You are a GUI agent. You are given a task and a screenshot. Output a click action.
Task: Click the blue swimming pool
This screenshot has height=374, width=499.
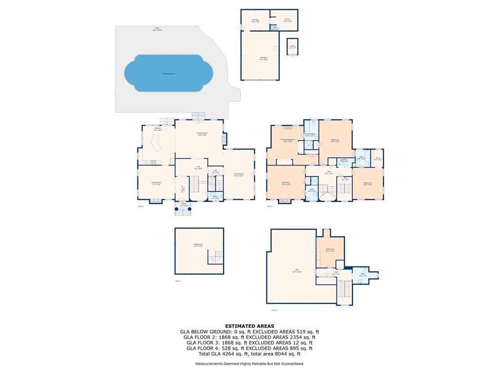tap(169, 73)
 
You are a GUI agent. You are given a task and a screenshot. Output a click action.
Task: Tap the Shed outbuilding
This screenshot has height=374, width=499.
tap(292, 47)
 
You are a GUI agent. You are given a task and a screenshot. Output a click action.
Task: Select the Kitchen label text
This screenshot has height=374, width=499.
tap(157, 129)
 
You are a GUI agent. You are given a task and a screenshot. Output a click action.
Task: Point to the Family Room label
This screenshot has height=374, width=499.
tap(202, 134)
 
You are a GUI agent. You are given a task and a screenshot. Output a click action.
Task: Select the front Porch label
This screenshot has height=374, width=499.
tap(184, 205)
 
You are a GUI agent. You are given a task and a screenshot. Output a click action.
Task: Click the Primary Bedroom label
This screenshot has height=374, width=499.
tap(288, 140)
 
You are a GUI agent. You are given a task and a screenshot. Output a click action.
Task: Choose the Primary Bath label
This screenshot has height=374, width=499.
tap(309, 134)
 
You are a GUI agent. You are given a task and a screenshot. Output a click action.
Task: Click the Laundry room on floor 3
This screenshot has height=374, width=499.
tap(344, 160)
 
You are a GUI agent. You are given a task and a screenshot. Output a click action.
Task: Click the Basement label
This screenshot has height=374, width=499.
tap(198, 244)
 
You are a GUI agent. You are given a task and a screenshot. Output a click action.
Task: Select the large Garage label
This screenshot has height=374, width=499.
tap(263, 58)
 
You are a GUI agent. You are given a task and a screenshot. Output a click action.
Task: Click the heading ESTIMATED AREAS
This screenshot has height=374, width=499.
tap(249, 326)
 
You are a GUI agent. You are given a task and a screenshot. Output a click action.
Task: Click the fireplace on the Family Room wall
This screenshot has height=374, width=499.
tap(224, 138)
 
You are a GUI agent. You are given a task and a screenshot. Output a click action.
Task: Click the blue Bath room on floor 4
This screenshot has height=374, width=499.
tap(363, 274)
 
